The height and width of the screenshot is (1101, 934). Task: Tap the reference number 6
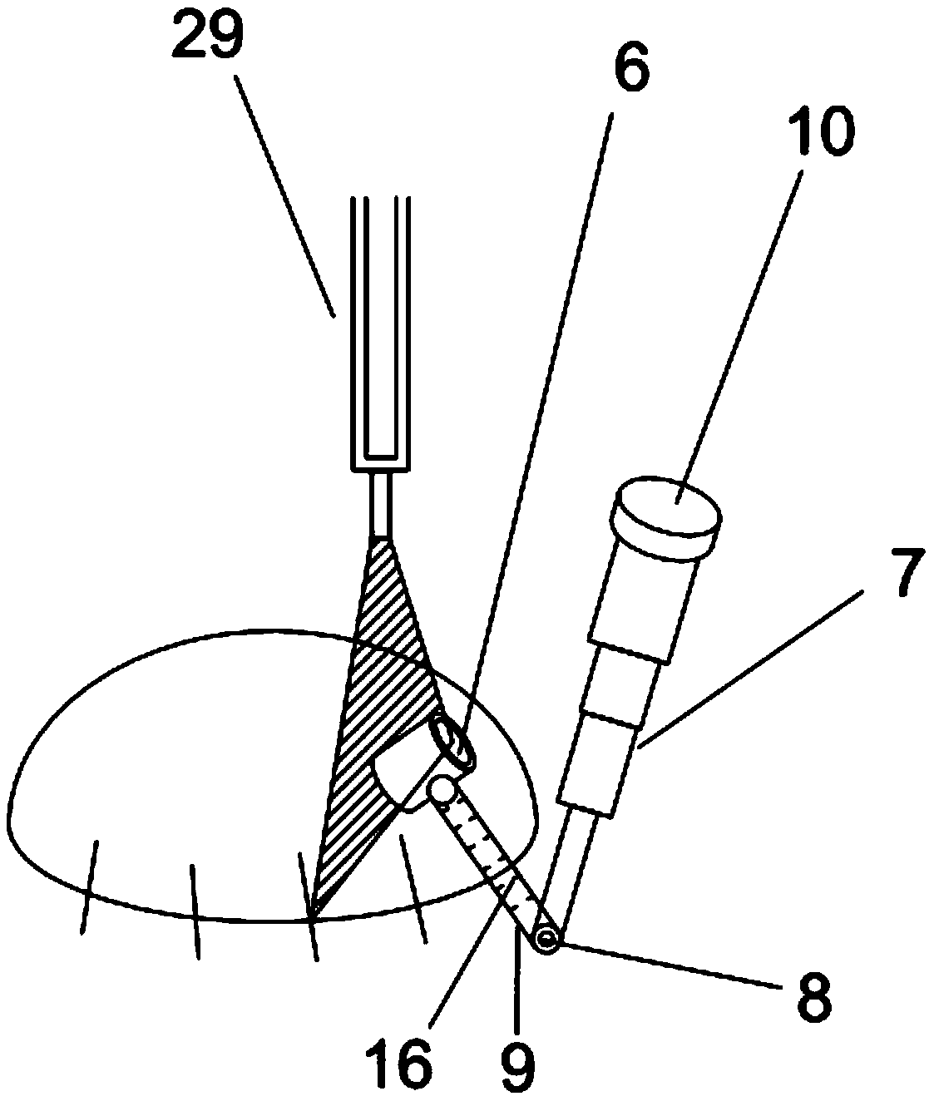click(631, 74)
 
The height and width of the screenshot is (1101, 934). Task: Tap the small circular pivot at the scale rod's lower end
click(546, 939)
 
